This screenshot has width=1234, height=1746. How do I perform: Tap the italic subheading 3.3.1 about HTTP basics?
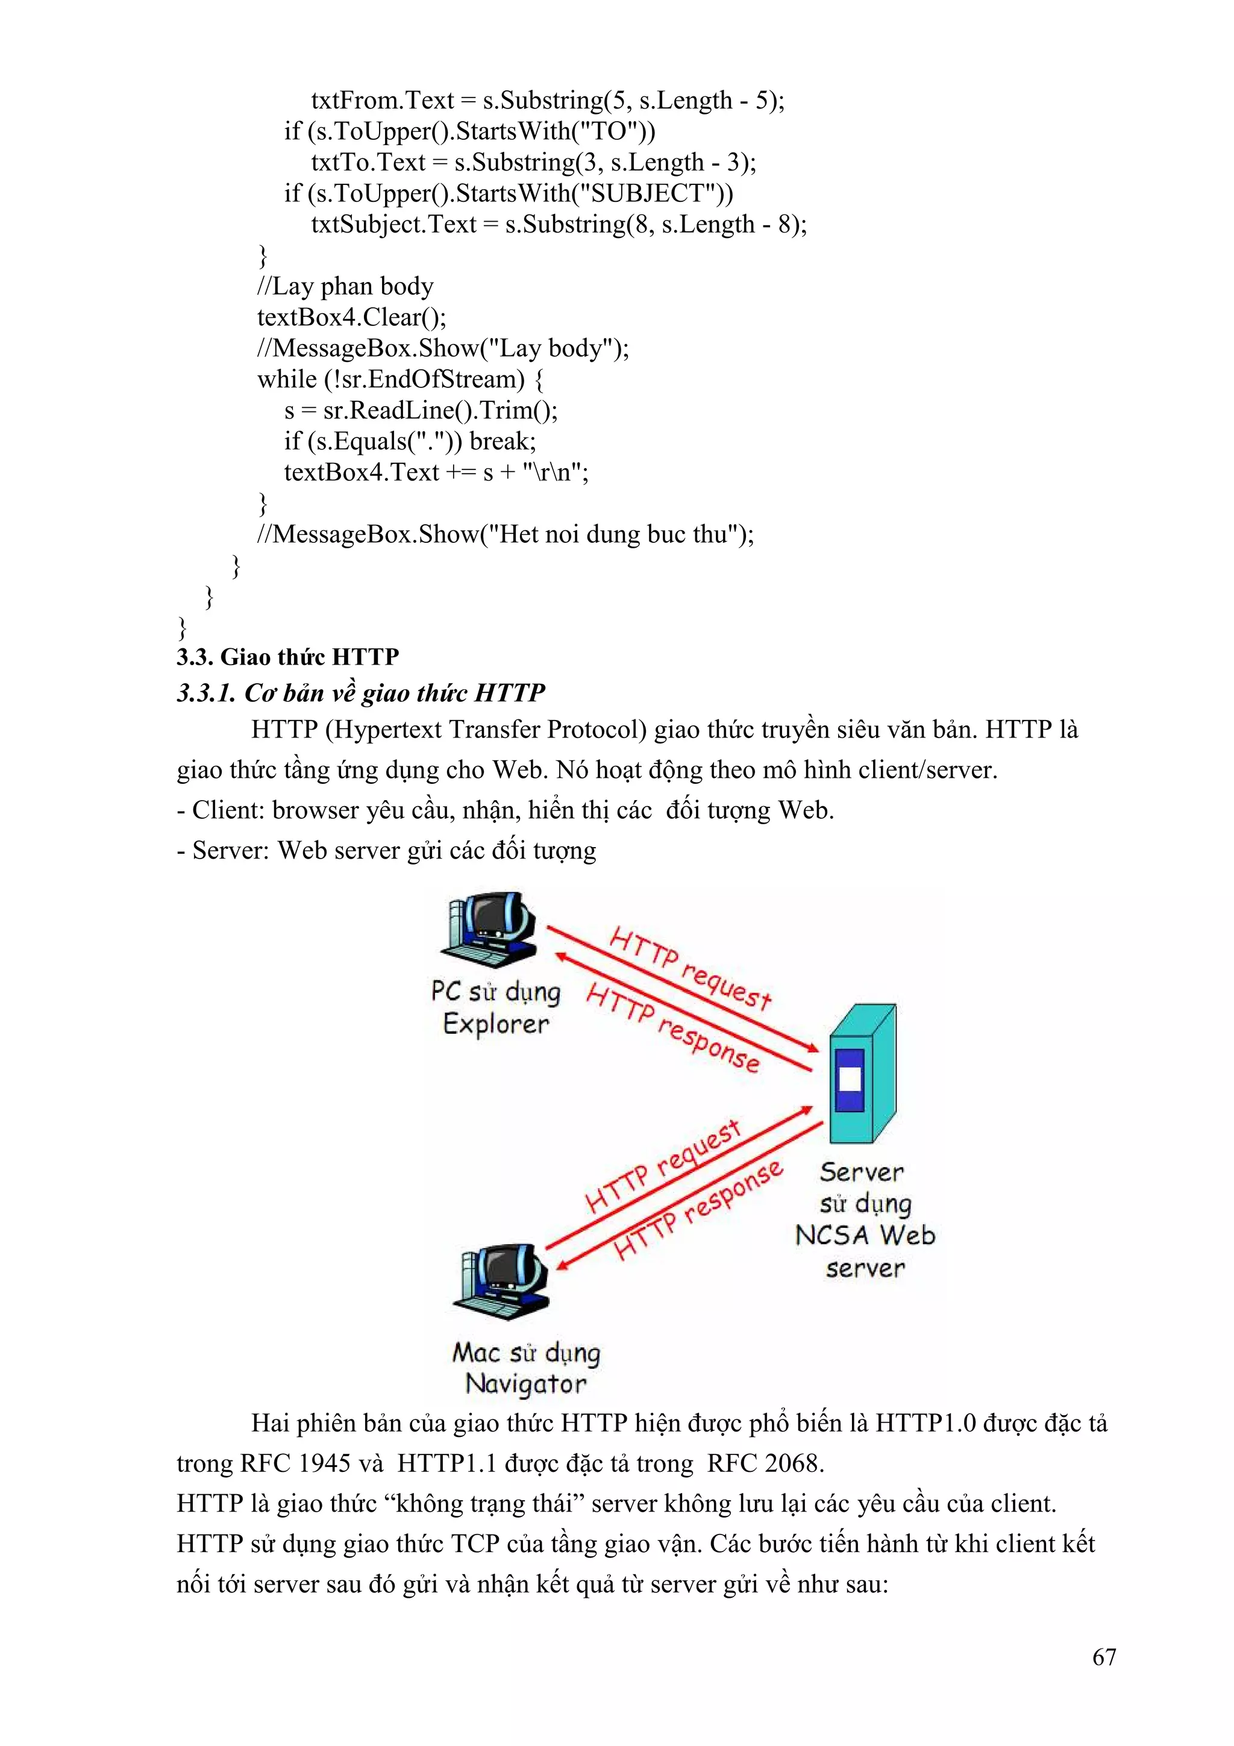pyautogui.click(x=360, y=693)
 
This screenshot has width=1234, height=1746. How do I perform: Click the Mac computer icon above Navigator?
pyautogui.click(x=500, y=1281)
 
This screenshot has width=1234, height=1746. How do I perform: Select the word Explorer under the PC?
pyautogui.click(x=496, y=1024)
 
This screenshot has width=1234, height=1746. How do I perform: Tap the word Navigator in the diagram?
pyautogui.click(x=525, y=1384)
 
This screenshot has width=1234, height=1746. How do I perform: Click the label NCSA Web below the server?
pyautogui.click(x=865, y=1235)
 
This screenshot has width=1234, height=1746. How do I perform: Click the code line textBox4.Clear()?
pyautogui.click(x=351, y=317)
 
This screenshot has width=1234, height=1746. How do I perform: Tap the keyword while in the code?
pyautogui.click(x=287, y=379)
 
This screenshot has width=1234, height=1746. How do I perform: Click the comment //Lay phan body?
pyautogui.click(x=345, y=286)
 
